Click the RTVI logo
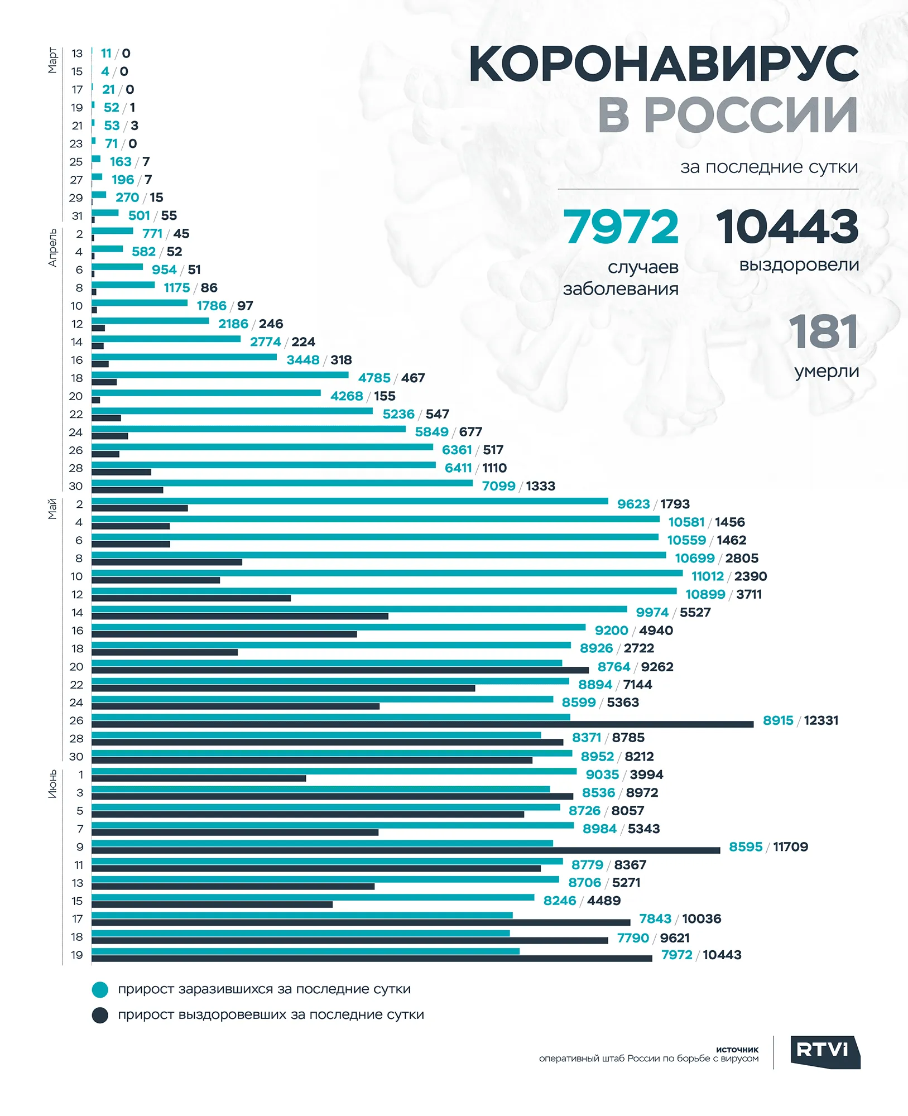point(825,1052)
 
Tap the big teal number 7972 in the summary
point(621,227)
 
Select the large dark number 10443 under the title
point(787,227)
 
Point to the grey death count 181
point(824,331)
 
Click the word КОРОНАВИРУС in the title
point(664,64)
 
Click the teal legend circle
point(100,990)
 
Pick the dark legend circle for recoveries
point(100,1015)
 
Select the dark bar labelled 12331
point(422,724)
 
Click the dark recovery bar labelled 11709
point(406,850)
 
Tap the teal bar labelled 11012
point(387,573)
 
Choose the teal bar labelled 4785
point(220,374)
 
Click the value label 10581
point(686,522)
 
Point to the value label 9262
point(657,667)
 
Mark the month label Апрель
point(52,248)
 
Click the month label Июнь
point(52,783)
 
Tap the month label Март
point(52,60)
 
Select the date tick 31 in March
point(77,216)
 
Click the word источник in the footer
point(737,1050)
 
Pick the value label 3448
point(303,360)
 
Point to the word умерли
point(827,372)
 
